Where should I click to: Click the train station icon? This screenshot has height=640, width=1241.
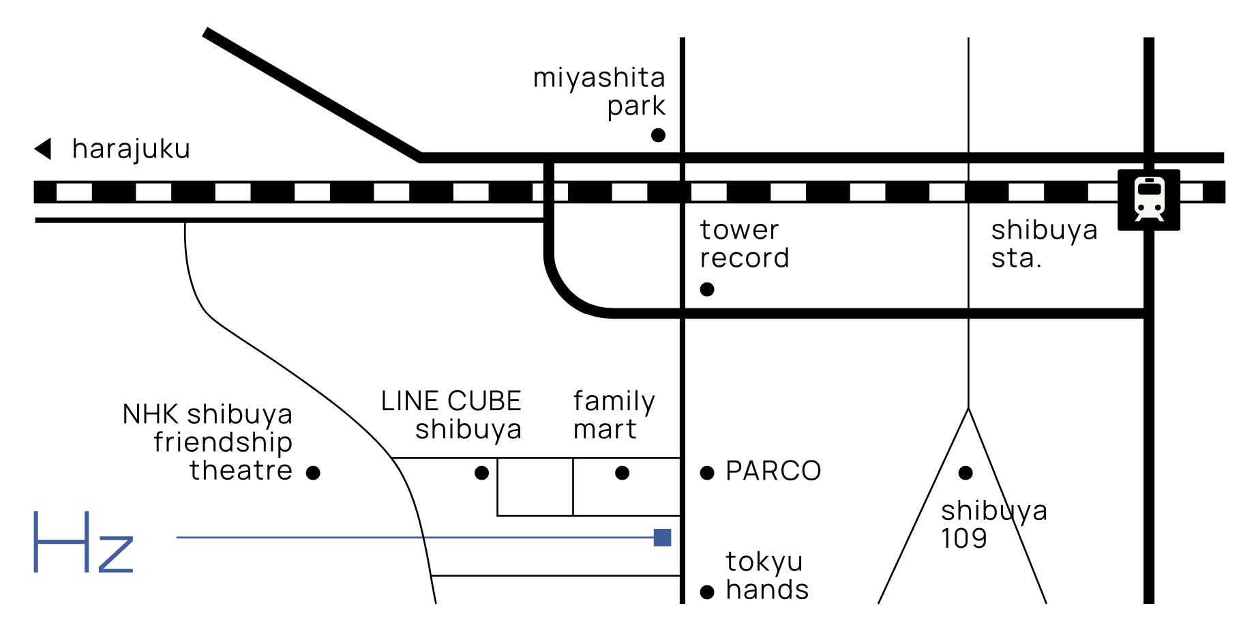coord(1149,199)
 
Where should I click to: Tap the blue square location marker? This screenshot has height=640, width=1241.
coord(662,538)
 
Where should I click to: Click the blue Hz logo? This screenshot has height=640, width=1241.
coord(83,542)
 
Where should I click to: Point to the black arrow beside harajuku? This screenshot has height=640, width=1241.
coord(44,149)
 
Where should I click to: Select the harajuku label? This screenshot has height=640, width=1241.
coord(131,149)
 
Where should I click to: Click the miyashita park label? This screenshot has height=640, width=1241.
coord(599,91)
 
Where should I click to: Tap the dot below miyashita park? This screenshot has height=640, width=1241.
coord(658,135)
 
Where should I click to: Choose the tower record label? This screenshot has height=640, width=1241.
coord(744,244)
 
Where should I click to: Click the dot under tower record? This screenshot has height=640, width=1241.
coord(707,289)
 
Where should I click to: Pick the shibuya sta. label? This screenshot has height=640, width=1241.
coord(1044,244)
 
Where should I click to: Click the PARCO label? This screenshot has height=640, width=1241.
coord(773,471)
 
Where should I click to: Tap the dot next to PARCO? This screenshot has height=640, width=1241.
coord(707,473)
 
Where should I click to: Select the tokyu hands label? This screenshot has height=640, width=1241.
coord(766,576)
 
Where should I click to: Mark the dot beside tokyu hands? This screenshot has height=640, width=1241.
coord(707,592)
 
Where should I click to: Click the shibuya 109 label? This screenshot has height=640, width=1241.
coord(993,524)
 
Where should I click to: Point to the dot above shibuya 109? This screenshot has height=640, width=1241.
coord(966,473)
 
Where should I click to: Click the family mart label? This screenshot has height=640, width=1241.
coord(614,415)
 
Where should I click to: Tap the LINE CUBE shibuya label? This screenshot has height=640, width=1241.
coord(451,415)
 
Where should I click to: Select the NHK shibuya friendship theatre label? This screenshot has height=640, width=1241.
coord(208,442)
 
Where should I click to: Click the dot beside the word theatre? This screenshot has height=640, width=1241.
coord(313,473)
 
